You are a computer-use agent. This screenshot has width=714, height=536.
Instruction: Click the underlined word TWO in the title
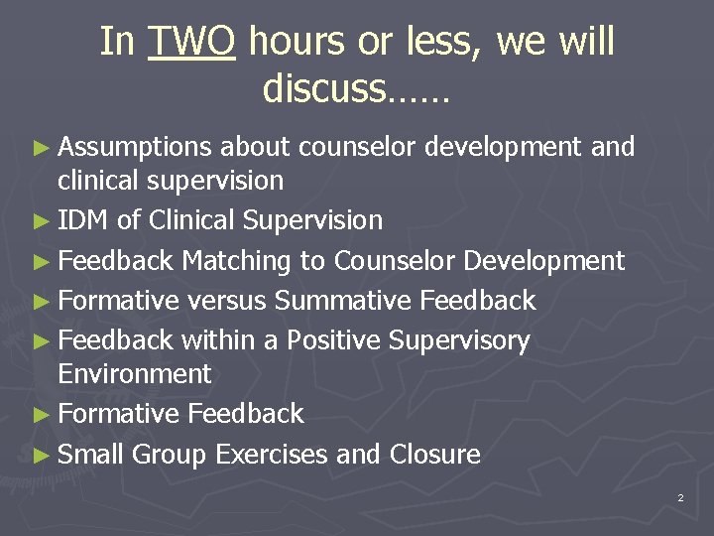point(191,43)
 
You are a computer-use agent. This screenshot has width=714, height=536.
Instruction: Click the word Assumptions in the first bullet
point(135,148)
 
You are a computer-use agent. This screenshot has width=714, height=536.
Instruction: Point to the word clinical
point(101,181)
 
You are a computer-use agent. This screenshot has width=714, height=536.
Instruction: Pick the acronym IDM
point(83,220)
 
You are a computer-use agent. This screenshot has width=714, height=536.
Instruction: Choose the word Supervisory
point(459,341)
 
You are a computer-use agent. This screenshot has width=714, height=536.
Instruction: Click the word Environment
point(135,374)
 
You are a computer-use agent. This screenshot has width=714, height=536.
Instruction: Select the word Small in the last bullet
point(90,455)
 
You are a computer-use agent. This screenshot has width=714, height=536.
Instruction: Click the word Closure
point(434,455)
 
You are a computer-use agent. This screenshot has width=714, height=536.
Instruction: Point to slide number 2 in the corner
point(680,497)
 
